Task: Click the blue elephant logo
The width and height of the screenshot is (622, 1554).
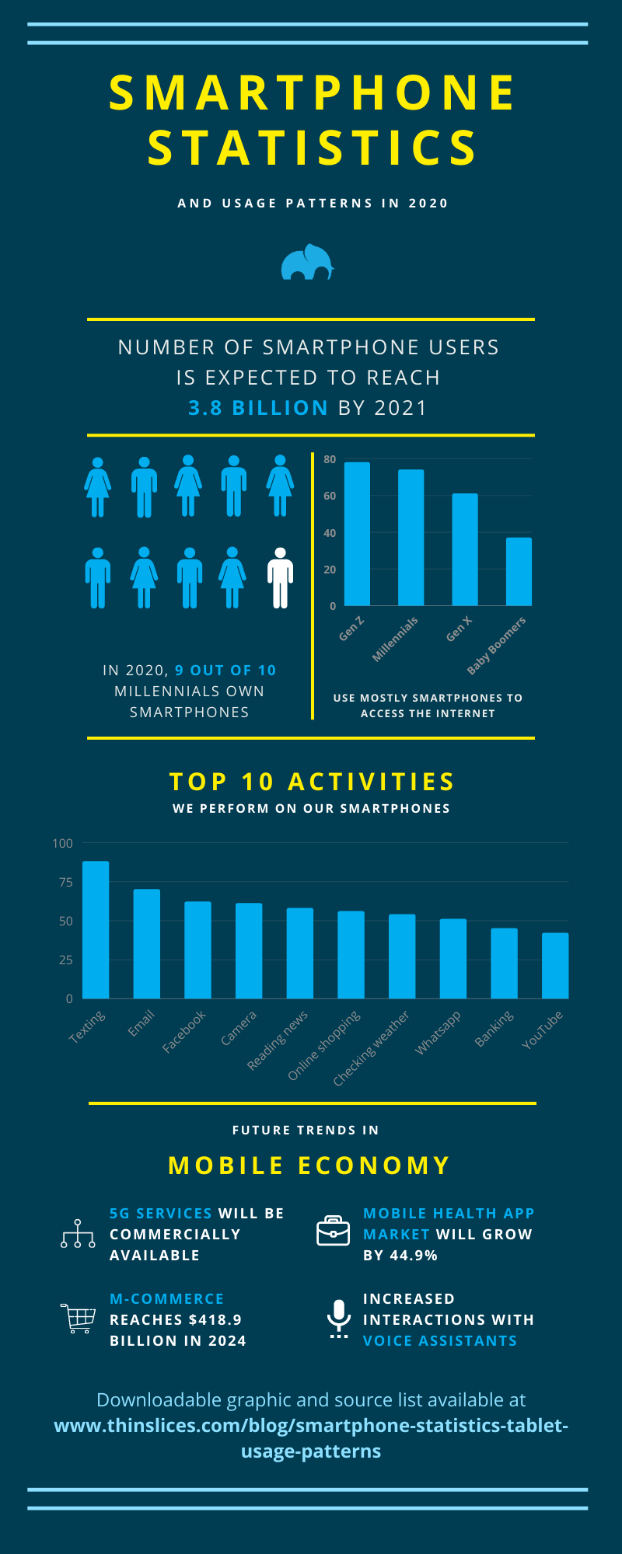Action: [x=308, y=263]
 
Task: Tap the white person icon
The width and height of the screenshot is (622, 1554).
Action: [x=280, y=577]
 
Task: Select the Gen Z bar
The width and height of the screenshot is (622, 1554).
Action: [x=357, y=534]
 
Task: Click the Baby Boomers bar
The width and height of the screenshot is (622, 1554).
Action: [x=519, y=571]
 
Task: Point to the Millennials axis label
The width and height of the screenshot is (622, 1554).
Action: [x=395, y=639]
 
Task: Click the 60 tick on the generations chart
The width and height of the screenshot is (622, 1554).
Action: [x=330, y=496]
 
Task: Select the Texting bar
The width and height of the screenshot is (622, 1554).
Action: [x=96, y=929]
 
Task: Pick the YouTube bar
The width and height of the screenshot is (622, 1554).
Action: [x=555, y=965]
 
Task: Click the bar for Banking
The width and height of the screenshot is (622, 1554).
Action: [x=504, y=963]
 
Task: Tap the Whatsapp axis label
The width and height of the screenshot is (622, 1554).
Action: [x=438, y=1033]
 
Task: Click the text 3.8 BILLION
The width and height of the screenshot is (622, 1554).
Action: [x=258, y=408]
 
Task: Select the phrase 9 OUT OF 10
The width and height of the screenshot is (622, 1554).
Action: [x=225, y=670]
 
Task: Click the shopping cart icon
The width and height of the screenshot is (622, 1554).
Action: [x=78, y=1319]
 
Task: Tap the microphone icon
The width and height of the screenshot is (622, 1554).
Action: [x=338, y=1318]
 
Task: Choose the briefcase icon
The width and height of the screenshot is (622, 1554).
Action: [x=333, y=1231]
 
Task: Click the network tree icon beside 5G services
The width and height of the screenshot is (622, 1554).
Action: [x=78, y=1234]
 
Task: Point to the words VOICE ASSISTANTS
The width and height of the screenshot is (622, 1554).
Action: [x=440, y=1340]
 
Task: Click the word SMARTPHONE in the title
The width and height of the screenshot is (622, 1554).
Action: [x=312, y=93]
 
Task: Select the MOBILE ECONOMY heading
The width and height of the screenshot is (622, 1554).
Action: [x=309, y=1165]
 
